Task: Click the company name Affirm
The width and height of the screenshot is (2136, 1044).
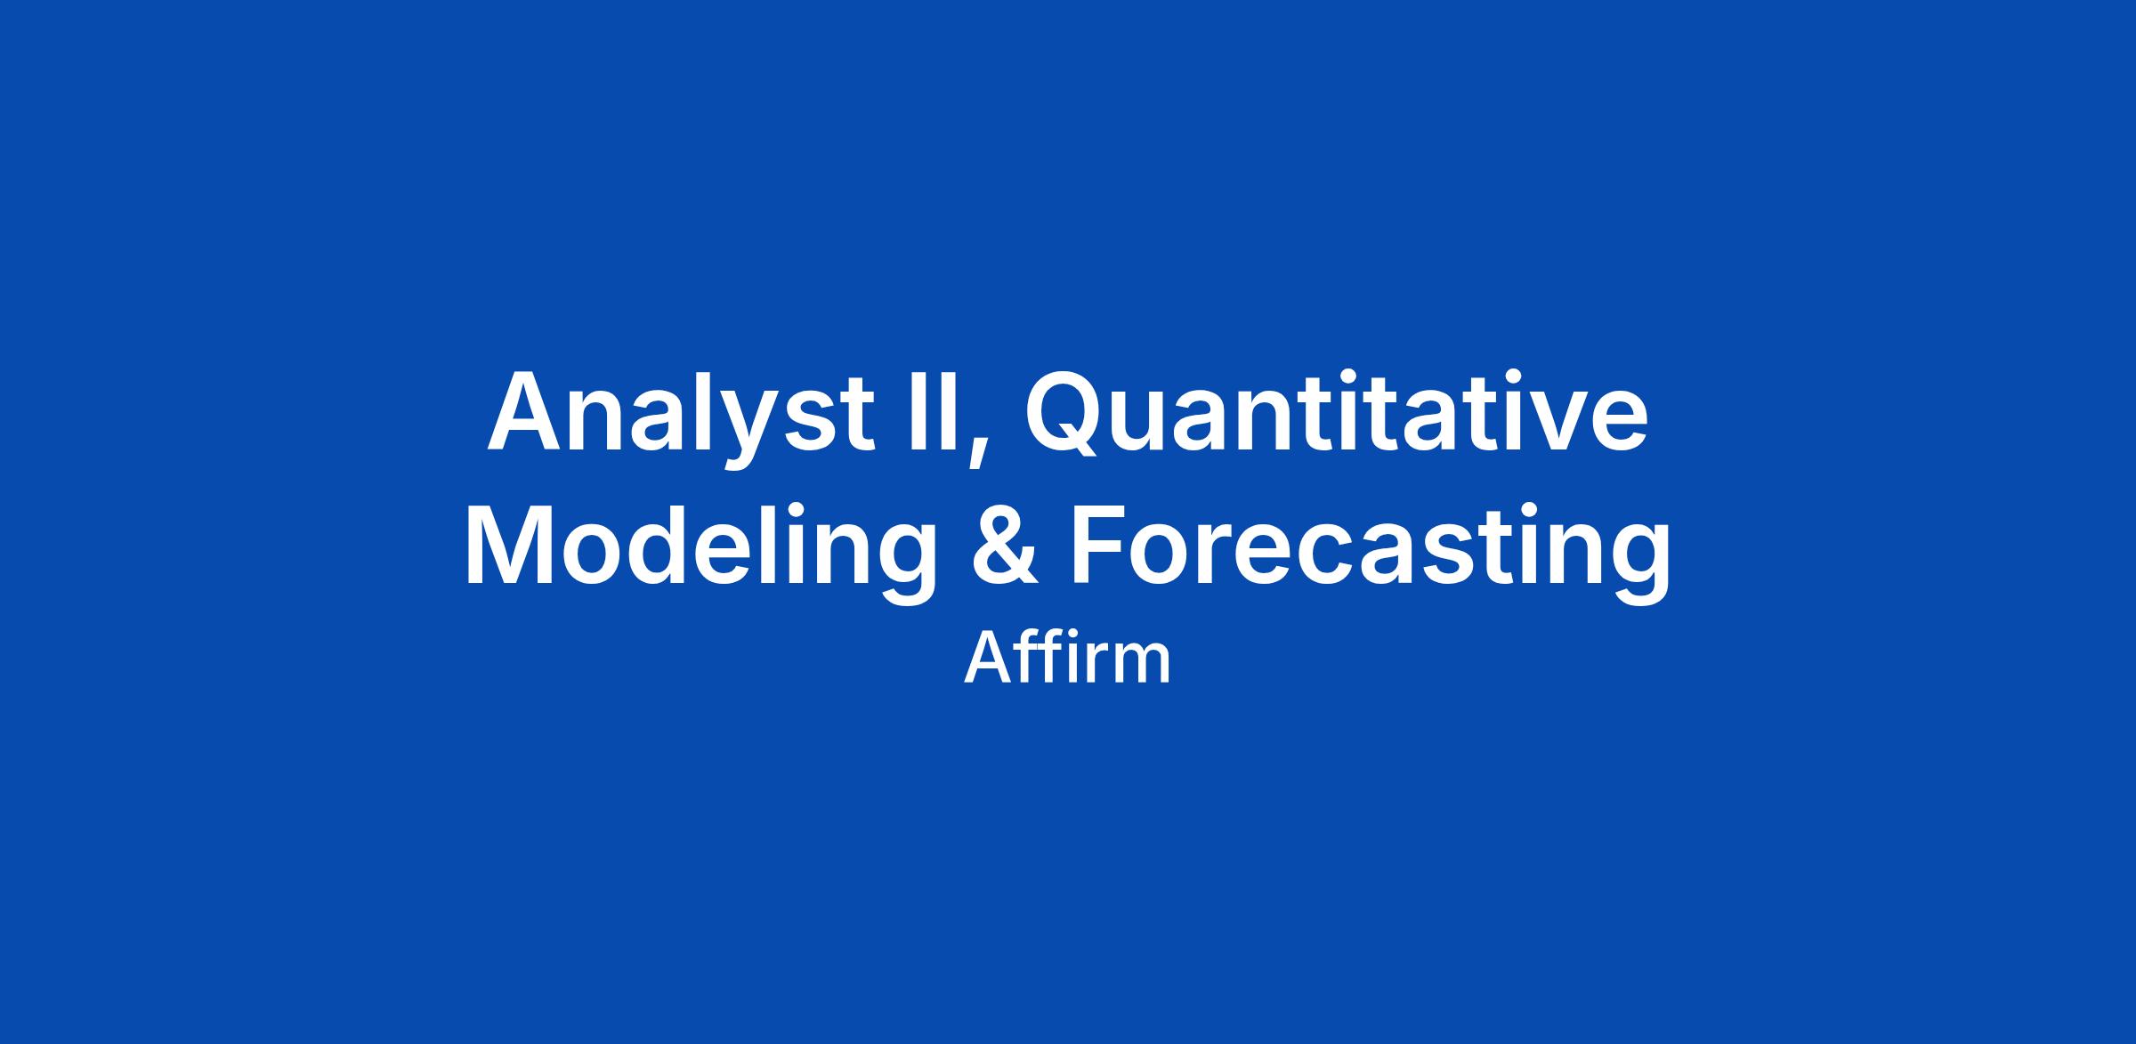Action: pos(1067,660)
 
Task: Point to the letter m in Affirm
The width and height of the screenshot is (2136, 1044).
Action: pos(1143,667)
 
